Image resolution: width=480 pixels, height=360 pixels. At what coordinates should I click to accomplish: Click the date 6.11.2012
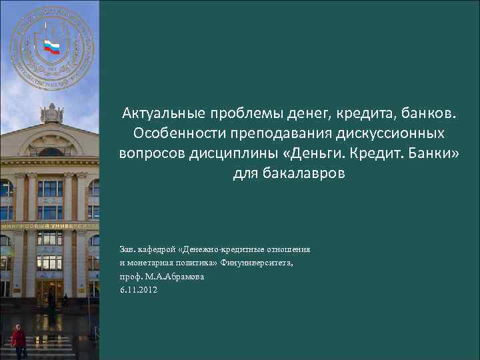pyautogui.click(x=139, y=289)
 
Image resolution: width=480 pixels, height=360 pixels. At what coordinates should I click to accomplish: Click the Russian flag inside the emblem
pyautogui.click(x=52, y=46)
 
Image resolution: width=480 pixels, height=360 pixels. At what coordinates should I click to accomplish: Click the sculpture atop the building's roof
pyautogui.click(x=51, y=113)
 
